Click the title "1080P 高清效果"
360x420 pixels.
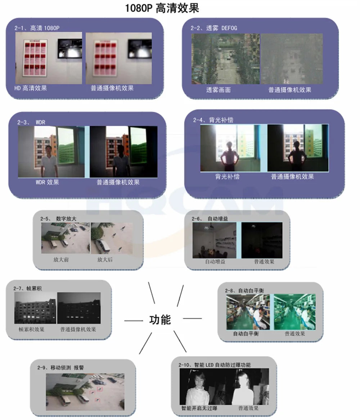pos(162,8)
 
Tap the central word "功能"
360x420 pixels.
pos(160,320)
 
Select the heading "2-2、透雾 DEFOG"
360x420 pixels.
pos(213,28)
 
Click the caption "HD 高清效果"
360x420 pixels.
pos(31,88)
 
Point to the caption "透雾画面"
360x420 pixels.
pos(218,90)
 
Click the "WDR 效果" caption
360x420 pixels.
pos(48,182)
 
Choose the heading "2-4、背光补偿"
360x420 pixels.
pos(213,120)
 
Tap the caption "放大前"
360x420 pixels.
pos(61,259)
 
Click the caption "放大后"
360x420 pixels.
pos(105,259)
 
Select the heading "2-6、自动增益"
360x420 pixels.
pos(210,219)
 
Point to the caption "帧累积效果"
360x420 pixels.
pos(32,329)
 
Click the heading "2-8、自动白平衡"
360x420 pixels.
pos(244,290)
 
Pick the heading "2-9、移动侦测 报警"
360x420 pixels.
pos(60,367)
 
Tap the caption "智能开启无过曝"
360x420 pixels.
pos(199,408)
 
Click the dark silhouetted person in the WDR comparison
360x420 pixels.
pos(121,161)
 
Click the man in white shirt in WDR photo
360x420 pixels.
pos(49,161)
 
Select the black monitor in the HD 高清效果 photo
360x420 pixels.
pos(70,49)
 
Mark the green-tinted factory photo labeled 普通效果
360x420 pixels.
pos(295,312)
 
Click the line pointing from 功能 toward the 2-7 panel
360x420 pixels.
pos(134,321)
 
